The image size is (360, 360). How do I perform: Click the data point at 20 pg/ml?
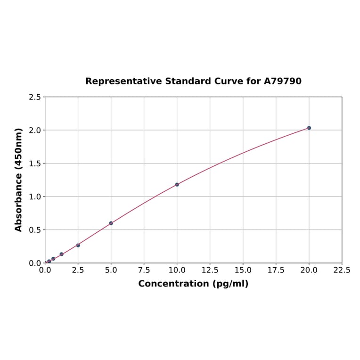point(309,128)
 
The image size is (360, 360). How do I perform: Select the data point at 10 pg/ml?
point(177,184)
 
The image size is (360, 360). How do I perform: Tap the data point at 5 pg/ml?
point(111,223)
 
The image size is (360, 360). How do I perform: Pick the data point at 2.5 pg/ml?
point(78,245)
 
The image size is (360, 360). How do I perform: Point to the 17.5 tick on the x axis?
point(276,270)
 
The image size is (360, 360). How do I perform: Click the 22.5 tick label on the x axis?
point(342,270)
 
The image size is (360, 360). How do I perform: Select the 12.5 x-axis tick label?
point(210,270)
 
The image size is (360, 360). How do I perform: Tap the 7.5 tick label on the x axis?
point(144,270)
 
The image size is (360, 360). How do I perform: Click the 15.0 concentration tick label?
point(243,270)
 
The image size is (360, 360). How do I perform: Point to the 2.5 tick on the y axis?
point(35,97)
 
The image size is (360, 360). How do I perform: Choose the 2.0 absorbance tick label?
point(35,130)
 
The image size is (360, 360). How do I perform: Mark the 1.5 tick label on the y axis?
point(35,164)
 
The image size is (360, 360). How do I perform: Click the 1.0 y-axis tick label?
point(35,196)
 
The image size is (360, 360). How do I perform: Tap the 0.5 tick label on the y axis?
point(35,230)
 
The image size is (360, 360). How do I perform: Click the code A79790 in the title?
point(283,81)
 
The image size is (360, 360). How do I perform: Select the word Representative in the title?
point(124,81)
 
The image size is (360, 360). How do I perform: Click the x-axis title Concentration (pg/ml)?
point(193,284)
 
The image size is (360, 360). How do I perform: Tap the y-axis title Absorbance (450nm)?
point(19,180)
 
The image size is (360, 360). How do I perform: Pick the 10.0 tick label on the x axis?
point(177,270)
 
